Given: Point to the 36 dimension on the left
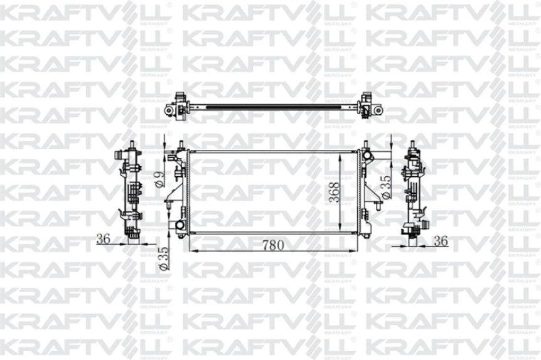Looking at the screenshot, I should [104, 238].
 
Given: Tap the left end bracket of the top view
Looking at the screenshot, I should [178, 105].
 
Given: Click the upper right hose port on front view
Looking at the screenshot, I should [366, 153].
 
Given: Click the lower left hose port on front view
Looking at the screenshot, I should [180, 225].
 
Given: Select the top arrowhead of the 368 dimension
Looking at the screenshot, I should [343, 152].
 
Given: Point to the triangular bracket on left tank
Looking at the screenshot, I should [169, 204].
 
